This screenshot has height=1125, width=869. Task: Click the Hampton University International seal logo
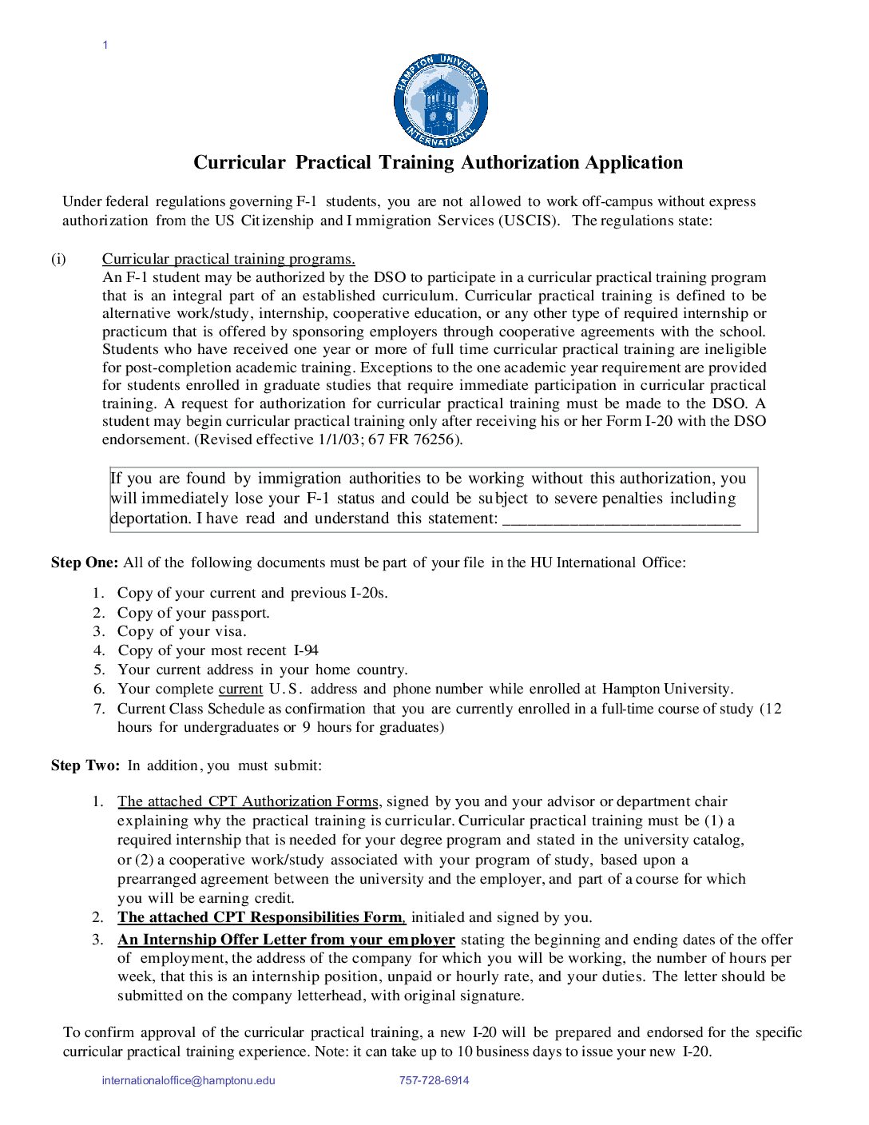[440, 101]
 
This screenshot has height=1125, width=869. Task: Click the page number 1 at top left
[105, 45]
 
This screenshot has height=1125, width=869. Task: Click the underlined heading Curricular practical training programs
[228, 259]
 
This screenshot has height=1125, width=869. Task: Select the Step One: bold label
[85, 562]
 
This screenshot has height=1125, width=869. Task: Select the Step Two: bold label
[85, 765]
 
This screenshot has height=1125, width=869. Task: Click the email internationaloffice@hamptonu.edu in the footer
[188, 1080]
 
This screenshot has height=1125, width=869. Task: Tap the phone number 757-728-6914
[434, 1080]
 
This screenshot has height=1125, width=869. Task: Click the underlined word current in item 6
[240, 689]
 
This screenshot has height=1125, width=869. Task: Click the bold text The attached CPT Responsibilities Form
[261, 917]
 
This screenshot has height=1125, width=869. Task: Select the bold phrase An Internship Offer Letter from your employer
[286, 940]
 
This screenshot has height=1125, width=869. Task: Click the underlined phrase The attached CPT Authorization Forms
[248, 801]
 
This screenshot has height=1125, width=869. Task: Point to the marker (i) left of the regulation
[59, 259]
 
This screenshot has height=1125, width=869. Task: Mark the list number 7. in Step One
[99, 708]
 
